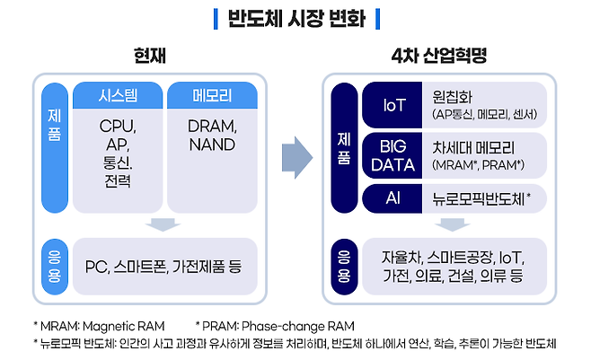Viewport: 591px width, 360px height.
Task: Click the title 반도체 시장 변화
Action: coord(295,19)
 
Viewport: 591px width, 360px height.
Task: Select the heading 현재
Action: coord(150,57)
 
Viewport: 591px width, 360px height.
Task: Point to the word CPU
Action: coord(118,126)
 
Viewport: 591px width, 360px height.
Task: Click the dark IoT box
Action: coord(393,105)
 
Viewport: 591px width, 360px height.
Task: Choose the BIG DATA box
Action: coord(393,156)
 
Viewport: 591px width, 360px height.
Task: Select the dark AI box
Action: coord(393,198)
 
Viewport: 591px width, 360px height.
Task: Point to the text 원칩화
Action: coord(456,97)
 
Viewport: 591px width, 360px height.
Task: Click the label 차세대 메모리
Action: coord(475,148)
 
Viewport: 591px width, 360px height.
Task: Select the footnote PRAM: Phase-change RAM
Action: coord(277,325)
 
